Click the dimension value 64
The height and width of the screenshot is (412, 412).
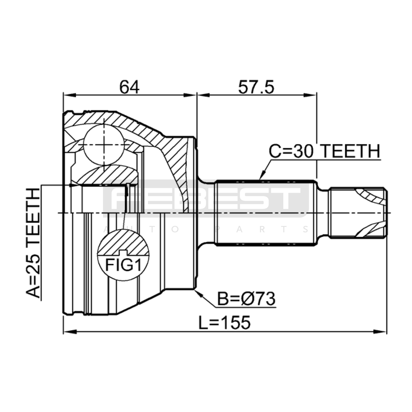tap(129, 87)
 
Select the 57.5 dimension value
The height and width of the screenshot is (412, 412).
tap(256, 87)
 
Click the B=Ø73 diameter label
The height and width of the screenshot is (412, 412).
tap(246, 299)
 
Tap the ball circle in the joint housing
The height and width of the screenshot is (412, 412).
tap(104, 145)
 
